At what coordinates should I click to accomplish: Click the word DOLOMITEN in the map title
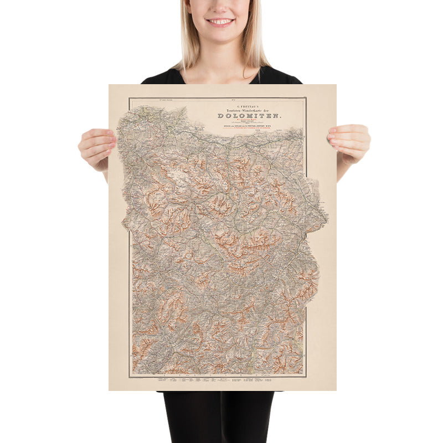click(x=249, y=116)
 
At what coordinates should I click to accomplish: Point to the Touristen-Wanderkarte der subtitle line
click(x=249, y=109)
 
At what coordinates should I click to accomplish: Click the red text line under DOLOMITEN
click(x=249, y=122)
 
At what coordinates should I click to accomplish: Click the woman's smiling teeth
click(x=221, y=22)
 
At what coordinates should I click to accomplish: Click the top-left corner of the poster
click(x=109, y=85)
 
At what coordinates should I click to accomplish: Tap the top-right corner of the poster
click(x=336, y=85)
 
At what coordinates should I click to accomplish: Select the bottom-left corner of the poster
click(x=109, y=390)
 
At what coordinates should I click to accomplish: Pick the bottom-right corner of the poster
click(x=336, y=390)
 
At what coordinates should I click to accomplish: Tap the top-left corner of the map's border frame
click(x=129, y=98)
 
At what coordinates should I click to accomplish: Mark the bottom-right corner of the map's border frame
click(x=306, y=377)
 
